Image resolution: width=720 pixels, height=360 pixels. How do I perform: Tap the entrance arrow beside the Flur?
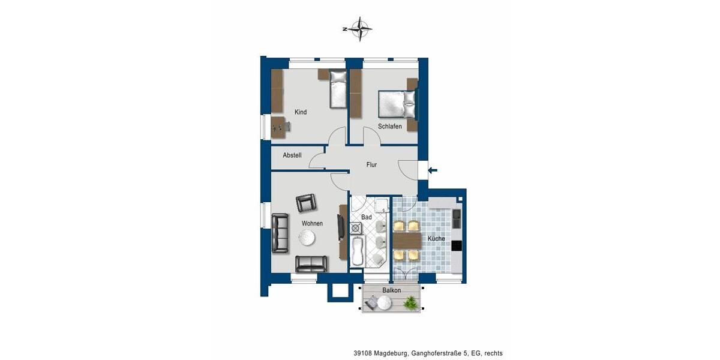432,170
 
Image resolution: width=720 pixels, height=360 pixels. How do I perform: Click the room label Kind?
301,112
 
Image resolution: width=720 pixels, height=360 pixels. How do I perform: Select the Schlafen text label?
389,127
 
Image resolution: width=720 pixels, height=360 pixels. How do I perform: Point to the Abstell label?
292,155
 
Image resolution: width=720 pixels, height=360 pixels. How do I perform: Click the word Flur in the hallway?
371,164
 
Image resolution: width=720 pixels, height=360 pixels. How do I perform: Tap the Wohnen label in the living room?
312,223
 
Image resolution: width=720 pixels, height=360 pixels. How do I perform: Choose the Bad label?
367,217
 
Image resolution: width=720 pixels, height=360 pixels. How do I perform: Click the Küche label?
436,239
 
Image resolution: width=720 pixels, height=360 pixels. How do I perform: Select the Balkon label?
391,290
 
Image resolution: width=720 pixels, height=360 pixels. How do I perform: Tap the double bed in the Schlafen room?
395,104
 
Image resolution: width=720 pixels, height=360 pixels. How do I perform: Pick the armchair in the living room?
306,203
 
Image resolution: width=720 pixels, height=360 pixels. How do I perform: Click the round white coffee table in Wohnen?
307,238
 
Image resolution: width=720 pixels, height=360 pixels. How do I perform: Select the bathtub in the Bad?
357,251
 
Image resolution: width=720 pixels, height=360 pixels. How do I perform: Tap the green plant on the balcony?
410,304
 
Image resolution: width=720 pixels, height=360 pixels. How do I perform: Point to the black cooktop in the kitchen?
457,245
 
